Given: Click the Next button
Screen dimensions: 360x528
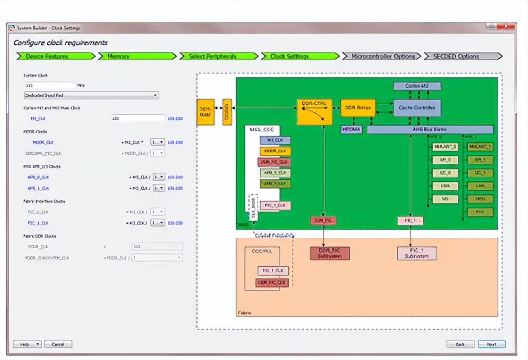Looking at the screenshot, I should pyautogui.click(x=492, y=344).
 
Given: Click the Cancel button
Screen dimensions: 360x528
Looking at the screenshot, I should pyautogui.click(x=58, y=344).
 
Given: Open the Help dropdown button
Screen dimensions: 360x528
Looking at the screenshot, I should pyautogui.click(x=27, y=344).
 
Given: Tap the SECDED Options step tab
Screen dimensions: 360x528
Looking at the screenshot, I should pyautogui.click(x=463, y=56).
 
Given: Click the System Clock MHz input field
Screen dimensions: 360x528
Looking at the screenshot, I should pyautogui.click(x=49, y=85).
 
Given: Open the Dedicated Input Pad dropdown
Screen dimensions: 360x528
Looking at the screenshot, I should pyautogui.click(x=91, y=95).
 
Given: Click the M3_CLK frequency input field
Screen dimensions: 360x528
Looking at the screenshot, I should pyautogui.click(x=138, y=118).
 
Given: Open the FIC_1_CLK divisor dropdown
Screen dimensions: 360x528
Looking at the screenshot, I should pyautogui.click(x=158, y=223).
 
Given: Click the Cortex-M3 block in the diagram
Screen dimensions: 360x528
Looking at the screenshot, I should pyautogui.click(x=417, y=86).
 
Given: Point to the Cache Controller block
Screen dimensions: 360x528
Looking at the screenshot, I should pyautogui.click(x=417, y=108).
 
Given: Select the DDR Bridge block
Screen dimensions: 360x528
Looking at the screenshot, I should pyautogui.click(x=358, y=108).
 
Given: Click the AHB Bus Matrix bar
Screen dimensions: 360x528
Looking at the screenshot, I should pyautogui.click(x=430, y=129).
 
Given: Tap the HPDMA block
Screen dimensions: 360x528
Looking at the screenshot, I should pyautogui.click(x=351, y=129).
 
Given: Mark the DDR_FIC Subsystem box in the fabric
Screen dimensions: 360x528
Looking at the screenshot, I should pyautogui.click(x=330, y=253).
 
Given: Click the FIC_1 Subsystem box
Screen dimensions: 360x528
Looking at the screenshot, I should pyautogui.click(x=417, y=253).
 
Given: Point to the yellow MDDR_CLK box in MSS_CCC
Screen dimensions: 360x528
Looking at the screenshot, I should pyautogui.click(x=275, y=151).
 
